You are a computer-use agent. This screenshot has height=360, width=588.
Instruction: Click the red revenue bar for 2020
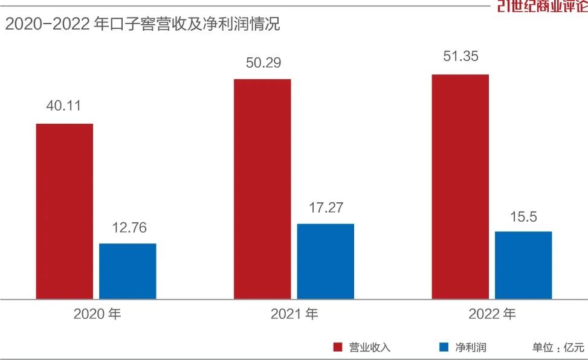pyautogui.click(x=65, y=211)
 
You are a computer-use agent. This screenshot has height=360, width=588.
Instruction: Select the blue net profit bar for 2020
pyautogui.click(x=128, y=271)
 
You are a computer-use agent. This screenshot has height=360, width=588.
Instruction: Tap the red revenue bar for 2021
pyautogui.click(x=262, y=189)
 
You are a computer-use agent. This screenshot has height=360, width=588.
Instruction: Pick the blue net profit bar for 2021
pyautogui.click(x=326, y=262)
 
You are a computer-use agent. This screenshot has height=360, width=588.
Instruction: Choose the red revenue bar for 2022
pyautogui.click(x=460, y=187)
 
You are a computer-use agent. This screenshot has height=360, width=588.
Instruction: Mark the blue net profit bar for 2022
pyautogui.click(x=523, y=265)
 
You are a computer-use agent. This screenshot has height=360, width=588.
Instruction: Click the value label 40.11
pyautogui.click(x=63, y=106)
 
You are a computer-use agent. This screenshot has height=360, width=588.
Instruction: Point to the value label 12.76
pyautogui.click(x=129, y=228)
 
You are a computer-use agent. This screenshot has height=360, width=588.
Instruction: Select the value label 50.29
pyautogui.click(x=263, y=62)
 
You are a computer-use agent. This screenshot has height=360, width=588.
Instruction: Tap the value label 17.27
pyautogui.click(x=326, y=208)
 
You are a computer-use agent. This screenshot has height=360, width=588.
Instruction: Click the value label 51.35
pyautogui.click(x=460, y=58)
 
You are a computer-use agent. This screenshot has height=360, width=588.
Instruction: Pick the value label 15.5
pyautogui.click(x=523, y=216)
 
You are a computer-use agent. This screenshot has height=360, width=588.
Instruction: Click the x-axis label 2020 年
pyautogui.click(x=97, y=315)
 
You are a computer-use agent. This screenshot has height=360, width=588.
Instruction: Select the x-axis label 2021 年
pyautogui.click(x=294, y=315)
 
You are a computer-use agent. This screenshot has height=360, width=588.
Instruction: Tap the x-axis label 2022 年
pyautogui.click(x=492, y=315)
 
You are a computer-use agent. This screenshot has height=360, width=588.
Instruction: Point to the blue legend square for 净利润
pyautogui.click(x=444, y=347)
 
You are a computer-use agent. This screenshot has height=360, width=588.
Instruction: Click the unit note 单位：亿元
pyautogui.click(x=558, y=347)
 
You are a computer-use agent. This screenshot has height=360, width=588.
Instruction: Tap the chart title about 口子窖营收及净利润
pyautogui.click(x=143, y=24)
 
